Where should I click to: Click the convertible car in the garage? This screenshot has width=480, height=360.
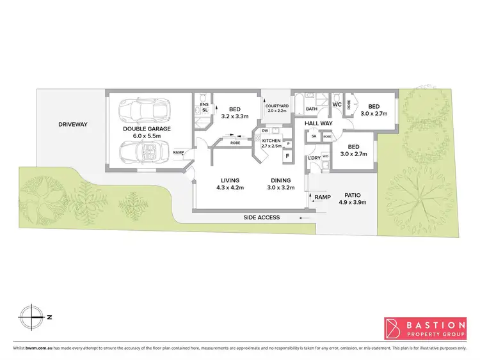(145, 152)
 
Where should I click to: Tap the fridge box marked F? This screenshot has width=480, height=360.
(287, 155)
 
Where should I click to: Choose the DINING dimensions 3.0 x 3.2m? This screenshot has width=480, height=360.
(282, 188)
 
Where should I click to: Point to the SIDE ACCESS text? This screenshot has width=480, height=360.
(262, 217)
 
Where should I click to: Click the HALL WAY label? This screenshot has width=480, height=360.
(317, 123)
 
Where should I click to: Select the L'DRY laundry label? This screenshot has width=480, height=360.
(314, 157)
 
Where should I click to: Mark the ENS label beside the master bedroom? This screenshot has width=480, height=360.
(205, 104)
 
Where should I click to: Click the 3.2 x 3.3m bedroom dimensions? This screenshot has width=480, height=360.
(234, 117)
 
